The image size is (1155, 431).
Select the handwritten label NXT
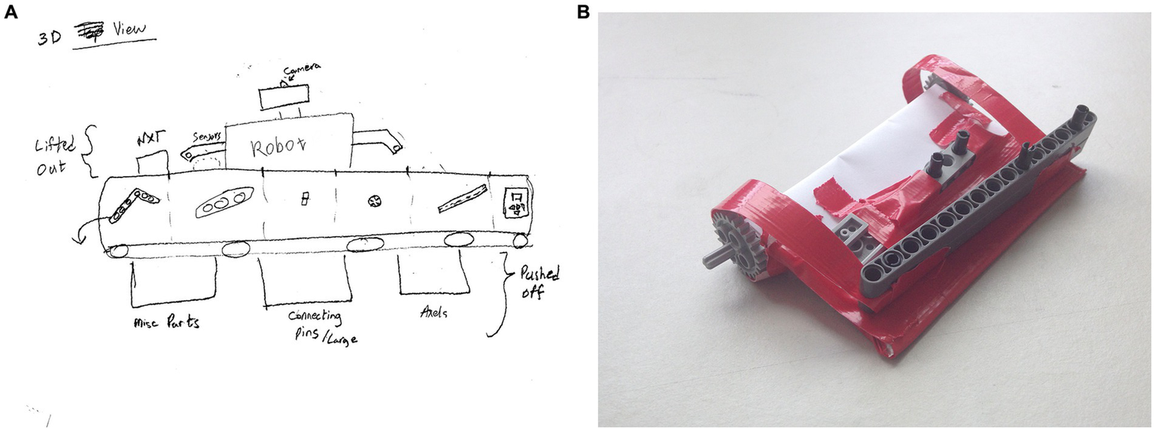point(150,141)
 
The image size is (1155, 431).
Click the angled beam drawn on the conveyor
point(132,205)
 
